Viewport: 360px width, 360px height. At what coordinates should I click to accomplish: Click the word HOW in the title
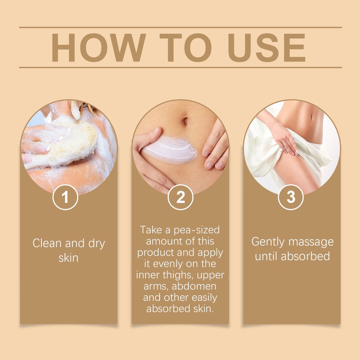pos(99,47)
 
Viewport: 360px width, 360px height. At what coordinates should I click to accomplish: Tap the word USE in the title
pos(266,47)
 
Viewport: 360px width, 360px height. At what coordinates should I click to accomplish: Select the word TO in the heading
pos(186,47)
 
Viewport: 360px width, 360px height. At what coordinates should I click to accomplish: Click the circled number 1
pos(65,197)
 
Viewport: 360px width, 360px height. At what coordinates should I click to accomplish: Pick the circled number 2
pos(180,197)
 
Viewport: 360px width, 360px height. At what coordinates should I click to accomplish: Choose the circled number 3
pos(291,197)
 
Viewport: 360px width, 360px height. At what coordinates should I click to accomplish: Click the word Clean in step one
pos(47,243)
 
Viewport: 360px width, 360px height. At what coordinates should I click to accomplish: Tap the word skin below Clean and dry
pos(69,258)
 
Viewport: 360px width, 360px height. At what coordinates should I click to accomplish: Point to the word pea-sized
pos(197,230)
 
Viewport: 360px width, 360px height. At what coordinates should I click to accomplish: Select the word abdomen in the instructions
pos(194,286)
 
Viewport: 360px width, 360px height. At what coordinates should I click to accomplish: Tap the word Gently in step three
pos(268,242)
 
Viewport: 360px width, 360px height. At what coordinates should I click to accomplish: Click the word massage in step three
pos(311,242)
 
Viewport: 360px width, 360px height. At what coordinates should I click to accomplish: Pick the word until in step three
pos(266,256)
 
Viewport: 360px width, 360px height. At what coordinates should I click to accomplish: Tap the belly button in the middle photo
pos(185,121)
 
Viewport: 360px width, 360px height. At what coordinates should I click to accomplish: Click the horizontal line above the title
pos(180,27)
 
